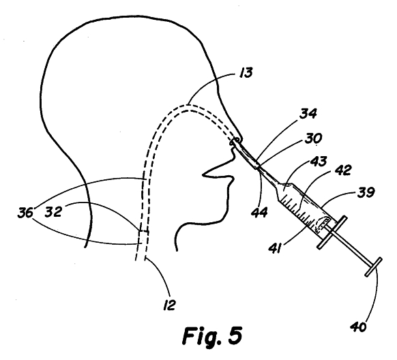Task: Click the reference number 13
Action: coord(246,73)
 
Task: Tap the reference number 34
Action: coord(308,114)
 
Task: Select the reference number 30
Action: coord(314,138)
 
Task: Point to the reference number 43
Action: coord(319,162)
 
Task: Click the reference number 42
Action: coord(343,170)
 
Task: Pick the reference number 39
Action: coord(366,193)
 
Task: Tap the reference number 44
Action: coord(259,212)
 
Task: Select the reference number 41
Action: coord(275,248)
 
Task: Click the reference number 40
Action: coord(358,327)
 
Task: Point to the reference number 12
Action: coord(169,305)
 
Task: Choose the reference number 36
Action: coord(25,213)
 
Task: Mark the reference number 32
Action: coord(53,211)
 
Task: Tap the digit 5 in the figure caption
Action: coord(235,335)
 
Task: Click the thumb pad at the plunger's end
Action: coord(373,267)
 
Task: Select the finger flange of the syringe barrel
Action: coord(332,232)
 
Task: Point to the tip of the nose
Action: coord(204,175)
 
